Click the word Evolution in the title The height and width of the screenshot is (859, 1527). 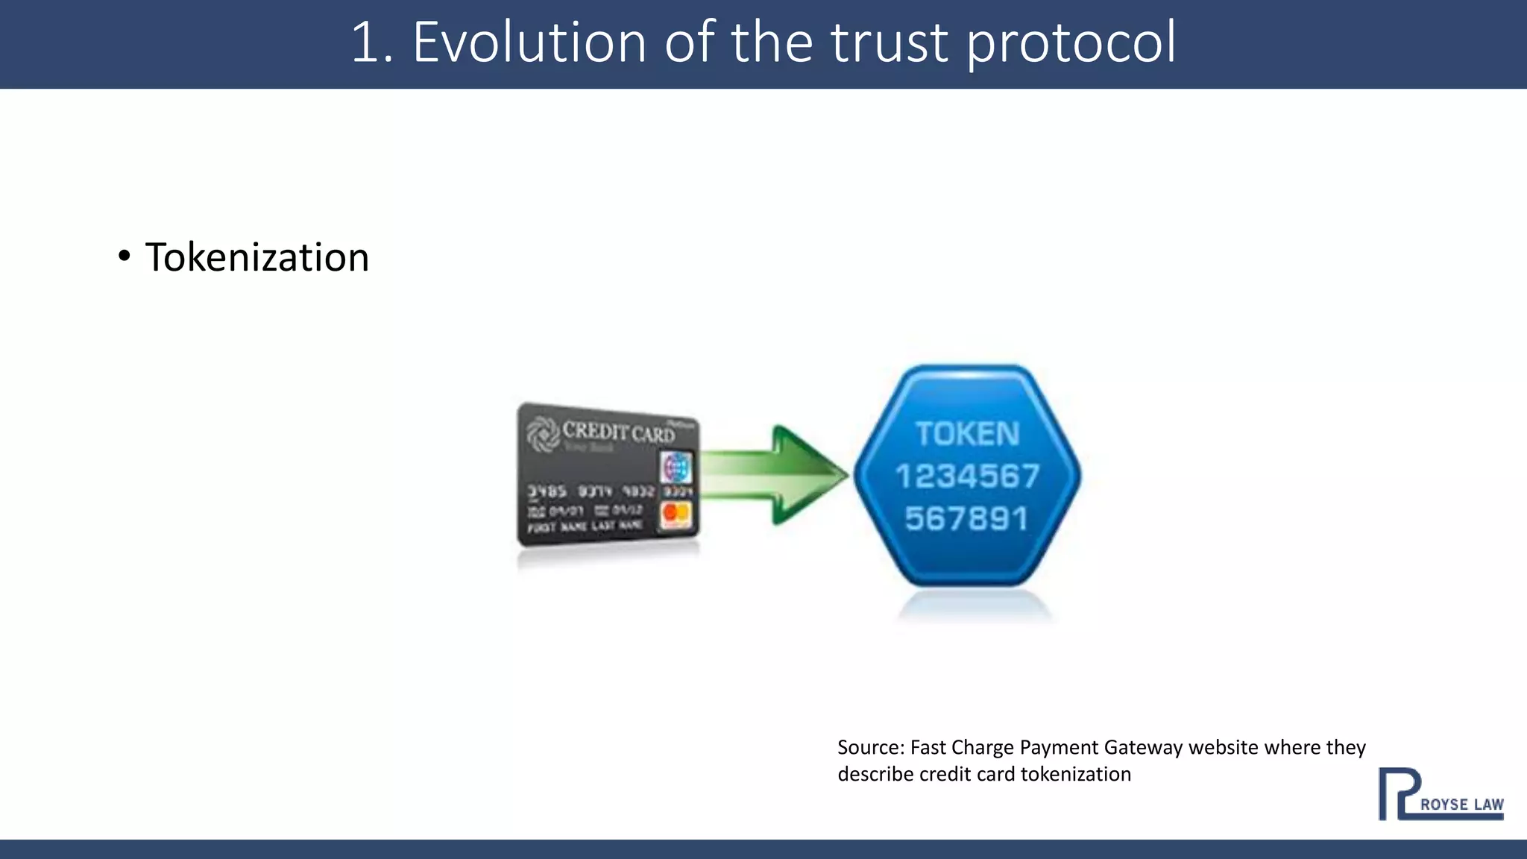(x=529, y=43)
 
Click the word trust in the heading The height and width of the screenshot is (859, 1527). (x=889, y=43)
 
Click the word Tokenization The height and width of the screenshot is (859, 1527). (x=257, y=258)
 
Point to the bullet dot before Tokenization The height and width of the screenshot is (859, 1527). (x=125, y=257)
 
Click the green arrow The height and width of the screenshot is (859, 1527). (x=775, y=474)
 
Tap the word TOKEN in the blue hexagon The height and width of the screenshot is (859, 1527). (x=967, y=434)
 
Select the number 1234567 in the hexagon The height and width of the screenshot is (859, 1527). (x=967, y=476)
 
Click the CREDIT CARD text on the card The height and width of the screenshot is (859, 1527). (x=618, y=432)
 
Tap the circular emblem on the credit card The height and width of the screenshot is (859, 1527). (x=542, y=433)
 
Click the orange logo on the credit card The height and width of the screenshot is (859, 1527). (x=676, y=514)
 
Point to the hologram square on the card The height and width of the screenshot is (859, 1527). (x=676, y=469)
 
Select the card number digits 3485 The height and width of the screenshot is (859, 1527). (x=547, y=491)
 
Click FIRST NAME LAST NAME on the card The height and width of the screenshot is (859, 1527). (x=585, y=526)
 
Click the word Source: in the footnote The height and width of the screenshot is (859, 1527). (x=870, y=747)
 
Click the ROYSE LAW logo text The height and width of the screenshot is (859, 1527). (x=1461, y=805)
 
